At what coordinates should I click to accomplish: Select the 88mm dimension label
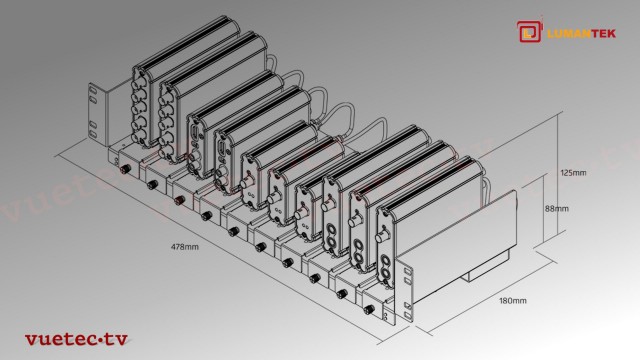coord(556,209)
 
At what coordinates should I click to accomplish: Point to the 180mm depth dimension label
coord(512,299)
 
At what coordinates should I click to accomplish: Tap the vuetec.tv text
coord(74,339)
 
